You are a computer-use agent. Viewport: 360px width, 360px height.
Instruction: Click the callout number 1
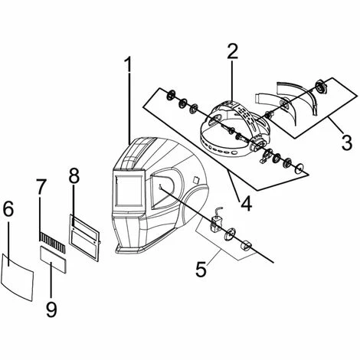pos(129,64)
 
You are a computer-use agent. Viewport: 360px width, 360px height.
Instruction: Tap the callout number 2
pos(232,52)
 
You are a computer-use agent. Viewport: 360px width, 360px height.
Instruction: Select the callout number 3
pos(347,142)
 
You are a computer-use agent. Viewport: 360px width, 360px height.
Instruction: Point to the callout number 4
pos(246,204)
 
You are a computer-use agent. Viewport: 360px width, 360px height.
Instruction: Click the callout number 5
pos(201,269)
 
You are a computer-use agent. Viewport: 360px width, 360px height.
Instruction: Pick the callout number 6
pos(8,210)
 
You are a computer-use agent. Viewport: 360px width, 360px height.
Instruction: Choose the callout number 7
pos(41,187)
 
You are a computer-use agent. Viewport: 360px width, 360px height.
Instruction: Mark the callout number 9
pos(51,309)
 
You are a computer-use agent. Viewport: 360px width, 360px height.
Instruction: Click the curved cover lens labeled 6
pos(18,277)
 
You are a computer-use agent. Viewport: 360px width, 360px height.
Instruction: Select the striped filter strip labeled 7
pos(52,242)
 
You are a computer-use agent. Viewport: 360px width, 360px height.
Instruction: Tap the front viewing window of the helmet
pos(129,190)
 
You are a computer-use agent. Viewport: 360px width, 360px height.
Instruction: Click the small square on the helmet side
pos(196,179)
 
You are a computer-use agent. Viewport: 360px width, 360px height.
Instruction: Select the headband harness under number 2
pos(232,128)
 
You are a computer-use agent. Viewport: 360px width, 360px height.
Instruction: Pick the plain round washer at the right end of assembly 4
pos(299,169)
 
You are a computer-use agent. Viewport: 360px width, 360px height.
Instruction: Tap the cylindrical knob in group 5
pos(247,246)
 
